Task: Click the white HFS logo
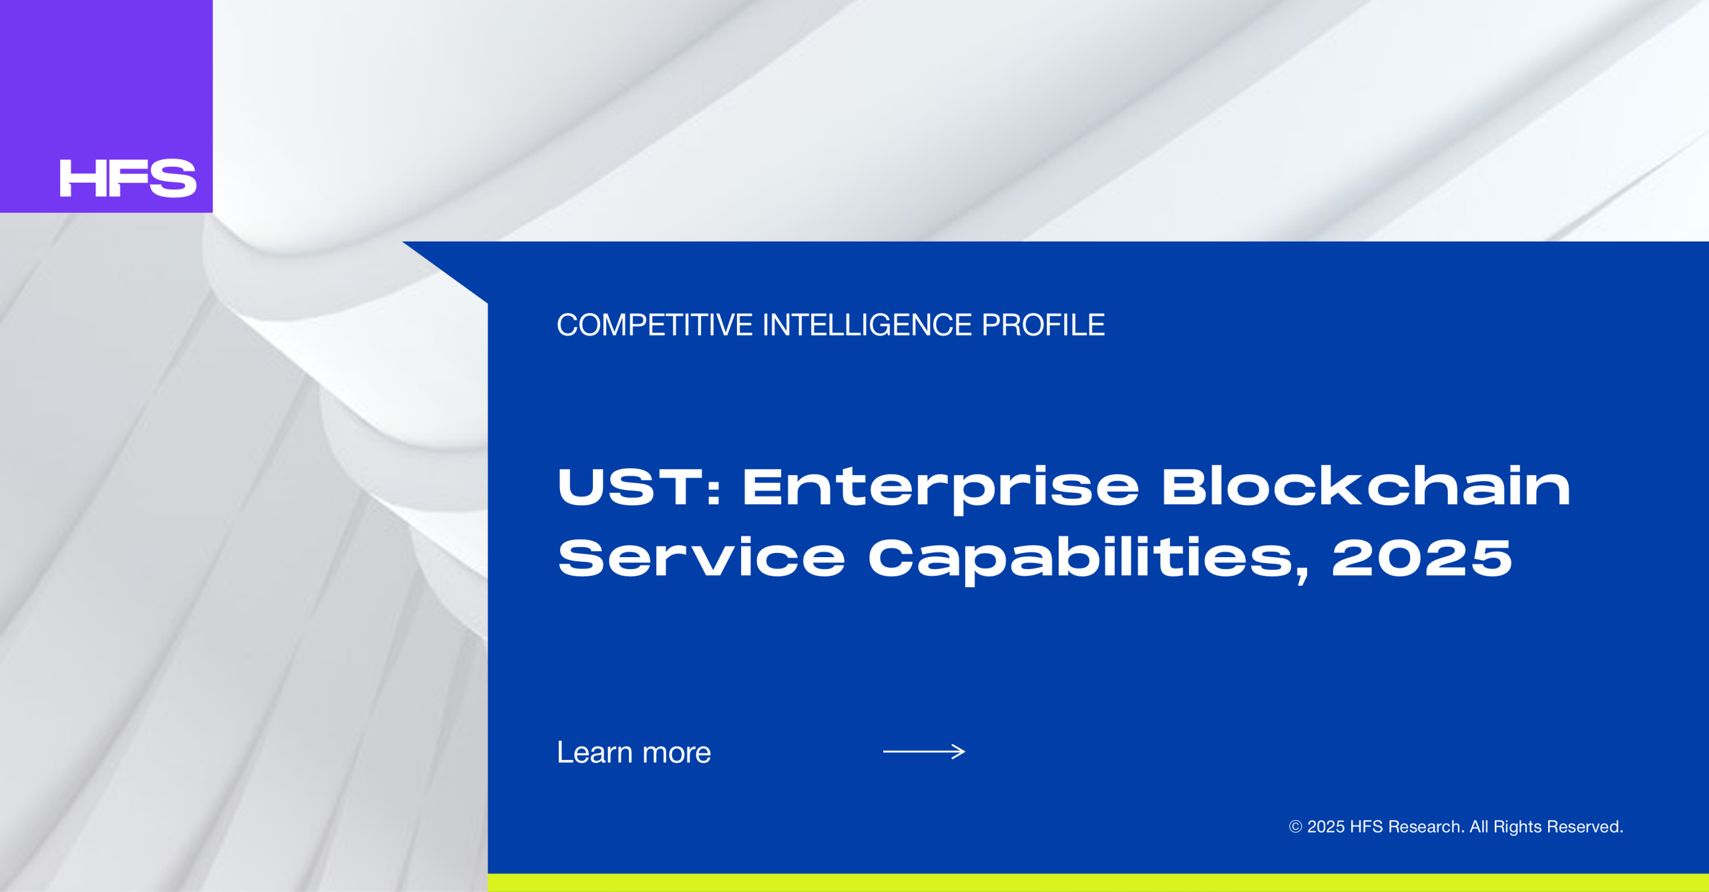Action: [x=128, y=178]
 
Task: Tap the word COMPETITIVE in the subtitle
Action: [x=655, y=325]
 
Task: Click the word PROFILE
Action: [x=1043, y=325]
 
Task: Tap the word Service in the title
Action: [x=702, y=557]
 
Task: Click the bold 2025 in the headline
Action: [x=1422, y=557]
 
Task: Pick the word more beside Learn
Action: [x=677, y=754]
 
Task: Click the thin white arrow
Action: [x=924, y=752]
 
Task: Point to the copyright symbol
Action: [x=1295, y=827]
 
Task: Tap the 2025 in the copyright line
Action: [x=1326, y=827]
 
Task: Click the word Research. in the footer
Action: [x=1427, y=827]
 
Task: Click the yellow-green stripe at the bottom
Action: [x=1098, y=883]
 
